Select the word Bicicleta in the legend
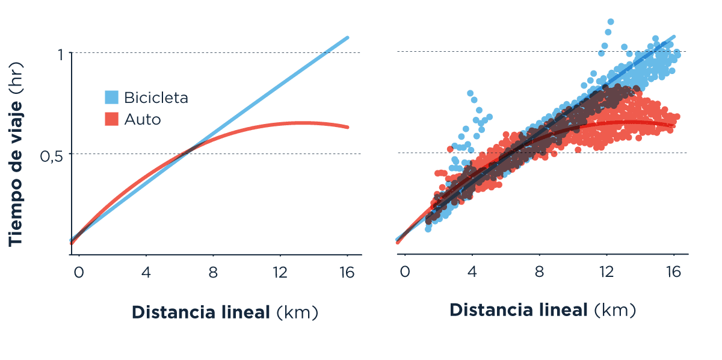click(x=156, y=98)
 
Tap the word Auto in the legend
click(x=143, y=119)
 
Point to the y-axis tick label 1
click(x=60, y=54)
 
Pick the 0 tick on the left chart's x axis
click(x=78, y=272)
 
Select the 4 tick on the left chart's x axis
click(x=146, y=272)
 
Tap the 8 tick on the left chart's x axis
click(x=213, y=272)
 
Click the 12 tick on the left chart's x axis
click(x=279, y=272)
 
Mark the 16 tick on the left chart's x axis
click(x=346, y=272)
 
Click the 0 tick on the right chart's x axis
click(x=404, y=272)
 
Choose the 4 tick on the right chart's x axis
click(x=472, y=272)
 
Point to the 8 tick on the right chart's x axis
click(x=539, y=272)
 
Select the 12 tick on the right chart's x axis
click(x=606, y=272)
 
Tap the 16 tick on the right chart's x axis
click(x=673, y=272)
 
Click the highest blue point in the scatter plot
click(x=611, y=22)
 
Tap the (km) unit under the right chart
click(x=614, y=311)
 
